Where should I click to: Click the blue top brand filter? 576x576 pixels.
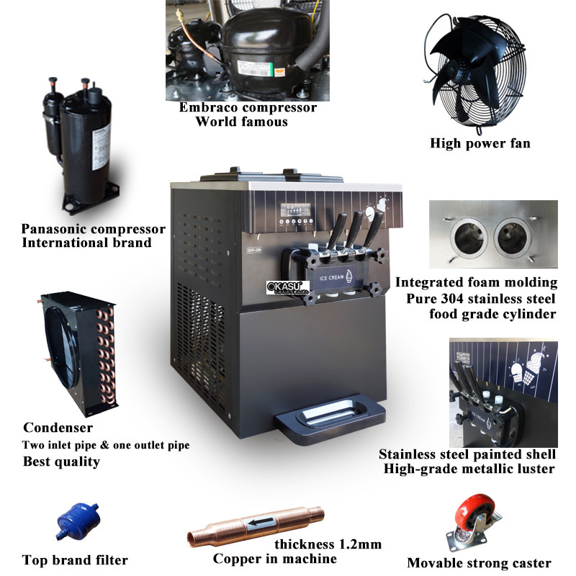pyautogui.click(x=78, y=521)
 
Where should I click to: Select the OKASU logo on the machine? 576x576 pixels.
pyautogui.click(x=287, y=287)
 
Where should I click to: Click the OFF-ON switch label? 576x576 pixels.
pyautogui.click(x=254, y=250)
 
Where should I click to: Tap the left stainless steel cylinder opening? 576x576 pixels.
pyautogui.click(x=469, y=237)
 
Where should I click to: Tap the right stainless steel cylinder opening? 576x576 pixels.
pyautogui.click(x=512, y=237)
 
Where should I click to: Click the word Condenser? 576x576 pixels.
pyautogui.click(x=58, y=428)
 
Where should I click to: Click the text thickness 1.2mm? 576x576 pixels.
pyautogui.click(x=328, y=544)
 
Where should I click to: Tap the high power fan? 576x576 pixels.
pyautogui.click(x=477, y=73)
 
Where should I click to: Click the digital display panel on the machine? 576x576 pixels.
pyautogui.click(x=295, y=210)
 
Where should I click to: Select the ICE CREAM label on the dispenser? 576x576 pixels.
pyautogui.click(x=331, y=278)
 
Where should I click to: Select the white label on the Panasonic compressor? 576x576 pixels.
pyautogui.click(x=100, y=147)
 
